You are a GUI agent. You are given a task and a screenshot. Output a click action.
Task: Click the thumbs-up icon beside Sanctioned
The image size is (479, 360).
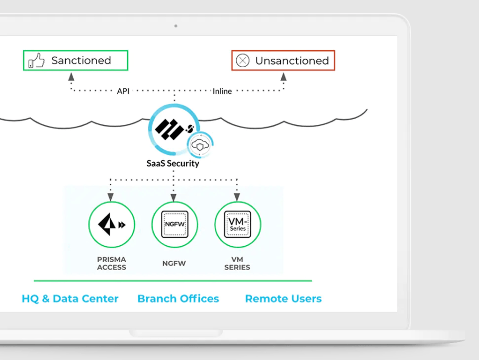coord(37,60)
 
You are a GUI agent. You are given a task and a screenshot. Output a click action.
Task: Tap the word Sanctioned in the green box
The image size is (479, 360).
coord(81,60)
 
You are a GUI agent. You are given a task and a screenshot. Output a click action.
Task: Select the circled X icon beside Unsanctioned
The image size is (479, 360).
coord(242,60)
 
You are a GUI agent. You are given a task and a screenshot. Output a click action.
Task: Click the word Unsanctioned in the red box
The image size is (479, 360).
coord(292,61)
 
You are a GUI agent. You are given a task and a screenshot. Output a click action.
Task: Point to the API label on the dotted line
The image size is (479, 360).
coord(123,91)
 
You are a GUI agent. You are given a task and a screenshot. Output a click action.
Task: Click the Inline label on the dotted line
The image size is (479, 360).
coord(222,91)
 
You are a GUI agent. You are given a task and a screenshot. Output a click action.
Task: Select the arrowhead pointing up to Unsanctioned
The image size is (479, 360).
coord(283,77)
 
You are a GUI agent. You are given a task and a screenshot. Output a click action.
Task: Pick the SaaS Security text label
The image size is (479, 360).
coord(173,164)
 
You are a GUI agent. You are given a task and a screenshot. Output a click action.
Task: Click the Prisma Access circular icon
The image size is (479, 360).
coord(111,224)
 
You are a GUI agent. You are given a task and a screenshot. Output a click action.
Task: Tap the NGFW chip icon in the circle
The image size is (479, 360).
coord(174,224)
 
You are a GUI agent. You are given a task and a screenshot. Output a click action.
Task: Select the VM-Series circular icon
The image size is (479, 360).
coord(237,224)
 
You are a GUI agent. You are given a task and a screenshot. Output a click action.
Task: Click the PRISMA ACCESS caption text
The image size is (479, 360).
coord(111,263)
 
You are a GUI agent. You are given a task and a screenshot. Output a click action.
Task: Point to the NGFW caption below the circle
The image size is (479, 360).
coord(174,263)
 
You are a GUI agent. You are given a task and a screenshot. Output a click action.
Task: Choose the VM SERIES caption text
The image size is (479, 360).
coord(237,263)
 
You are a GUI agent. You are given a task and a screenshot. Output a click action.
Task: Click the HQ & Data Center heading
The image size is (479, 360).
coord(70,299)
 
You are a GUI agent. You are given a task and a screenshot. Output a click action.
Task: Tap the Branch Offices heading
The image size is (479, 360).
coord(178,299)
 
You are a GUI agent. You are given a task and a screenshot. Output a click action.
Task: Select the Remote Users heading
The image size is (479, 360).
coord(283,299)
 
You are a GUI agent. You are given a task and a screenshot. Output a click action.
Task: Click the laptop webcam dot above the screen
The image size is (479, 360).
coord(176,25)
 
